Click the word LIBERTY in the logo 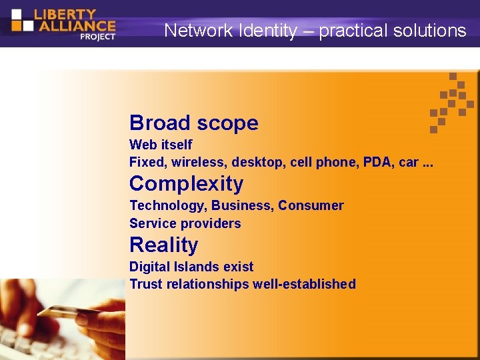65,13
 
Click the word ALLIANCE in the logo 75,26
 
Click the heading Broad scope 193,123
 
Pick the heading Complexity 186,183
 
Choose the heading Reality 163,245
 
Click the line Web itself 161,145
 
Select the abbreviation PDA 379,162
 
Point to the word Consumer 311,205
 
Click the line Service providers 185,223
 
